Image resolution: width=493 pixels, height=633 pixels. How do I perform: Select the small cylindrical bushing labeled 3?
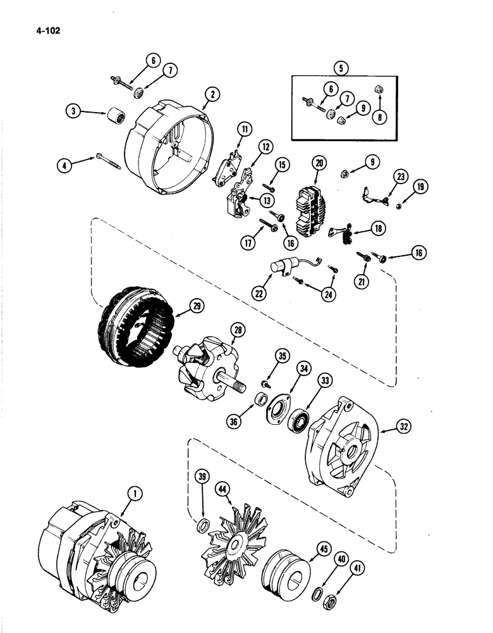pos(117,116)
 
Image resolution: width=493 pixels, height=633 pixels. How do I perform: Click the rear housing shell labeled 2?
pos(171,139)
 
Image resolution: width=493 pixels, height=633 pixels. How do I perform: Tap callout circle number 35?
pos(283,356)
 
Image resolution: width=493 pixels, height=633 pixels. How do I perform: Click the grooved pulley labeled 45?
pos(284,563)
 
